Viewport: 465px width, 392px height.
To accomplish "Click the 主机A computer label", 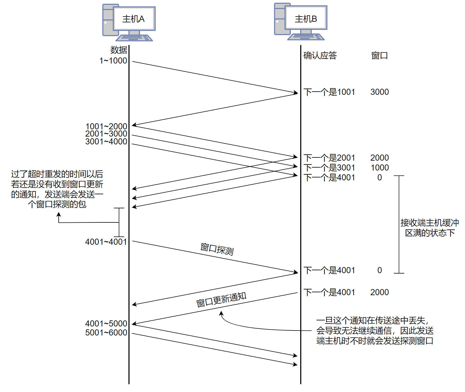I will (133, 19).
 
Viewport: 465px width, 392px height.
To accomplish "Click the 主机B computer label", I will (306, 19).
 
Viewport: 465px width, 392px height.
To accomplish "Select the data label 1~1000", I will (113, 61).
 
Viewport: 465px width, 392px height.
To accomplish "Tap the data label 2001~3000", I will (106, 134).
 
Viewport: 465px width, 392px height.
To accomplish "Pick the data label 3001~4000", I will (106, 141).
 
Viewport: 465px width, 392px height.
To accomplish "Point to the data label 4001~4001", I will (106, 242).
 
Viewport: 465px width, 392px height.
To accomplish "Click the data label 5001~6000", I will (106, 333).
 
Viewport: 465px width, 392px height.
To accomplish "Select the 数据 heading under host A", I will (119, 50).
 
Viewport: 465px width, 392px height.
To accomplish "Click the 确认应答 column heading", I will (320, 55).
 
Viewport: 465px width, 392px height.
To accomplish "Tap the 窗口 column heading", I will (379, 55).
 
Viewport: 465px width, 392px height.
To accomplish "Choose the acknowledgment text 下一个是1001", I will (329, 92).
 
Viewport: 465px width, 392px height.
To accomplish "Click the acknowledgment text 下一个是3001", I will (329, 168).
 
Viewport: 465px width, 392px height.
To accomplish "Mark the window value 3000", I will (380, 92).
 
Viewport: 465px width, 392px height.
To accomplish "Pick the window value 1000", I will (380, 168).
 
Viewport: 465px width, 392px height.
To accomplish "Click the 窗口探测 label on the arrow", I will (217, 249).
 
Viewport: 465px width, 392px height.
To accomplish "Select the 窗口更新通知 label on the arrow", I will (221, 300).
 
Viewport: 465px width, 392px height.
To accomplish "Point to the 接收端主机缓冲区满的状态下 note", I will (430, 228).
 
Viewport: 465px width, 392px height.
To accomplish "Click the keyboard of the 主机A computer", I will (134, 38).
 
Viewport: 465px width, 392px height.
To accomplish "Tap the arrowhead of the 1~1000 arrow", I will (296, 93).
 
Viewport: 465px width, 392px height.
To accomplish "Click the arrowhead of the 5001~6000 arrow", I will (295, 364).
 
